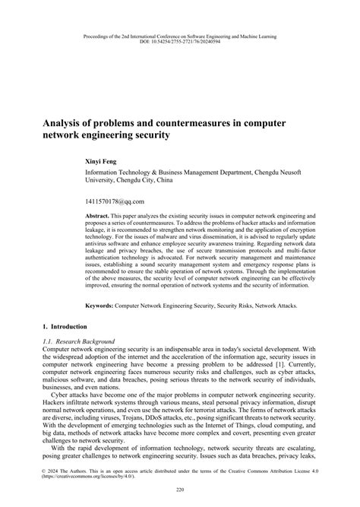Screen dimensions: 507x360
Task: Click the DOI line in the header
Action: tap(179, 43)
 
